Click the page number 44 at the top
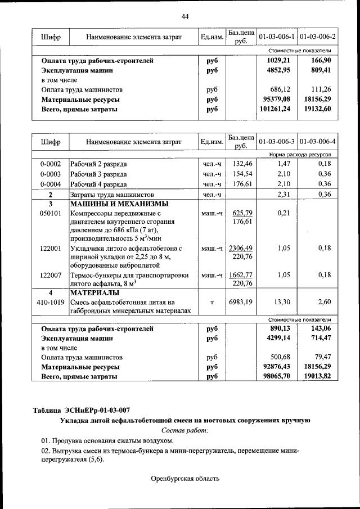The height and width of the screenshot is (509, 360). [185, 16]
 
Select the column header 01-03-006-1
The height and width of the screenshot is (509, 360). [277, 37]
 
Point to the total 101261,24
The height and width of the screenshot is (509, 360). [276, 109]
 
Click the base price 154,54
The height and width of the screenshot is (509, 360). [241, 174]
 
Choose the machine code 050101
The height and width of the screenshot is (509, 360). [50, 213]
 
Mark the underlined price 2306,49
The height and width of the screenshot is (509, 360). [241, 248]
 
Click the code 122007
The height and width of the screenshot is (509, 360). [50, 275]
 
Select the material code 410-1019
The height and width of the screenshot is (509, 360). [50, 302]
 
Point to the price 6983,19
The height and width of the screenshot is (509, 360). [241, 302]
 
